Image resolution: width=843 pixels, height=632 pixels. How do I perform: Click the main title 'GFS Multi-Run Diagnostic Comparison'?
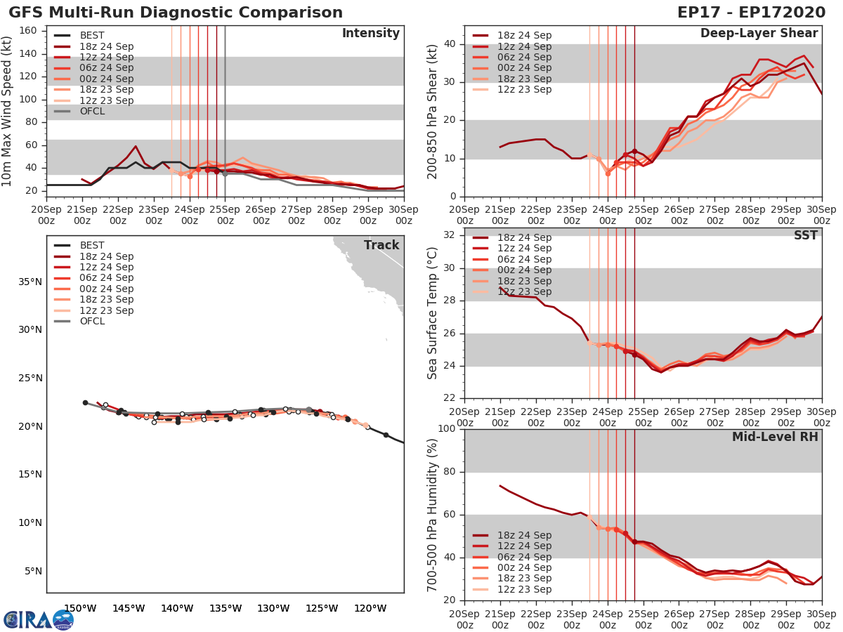[176, 13]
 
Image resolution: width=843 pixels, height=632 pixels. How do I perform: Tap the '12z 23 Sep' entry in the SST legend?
[523, 291]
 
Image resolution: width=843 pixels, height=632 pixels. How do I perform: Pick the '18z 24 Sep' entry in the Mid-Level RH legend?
[523, 535]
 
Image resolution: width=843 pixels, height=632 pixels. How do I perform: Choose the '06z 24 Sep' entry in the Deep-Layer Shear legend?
[523, 57]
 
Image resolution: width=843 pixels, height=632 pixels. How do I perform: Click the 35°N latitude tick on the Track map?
[30, 282]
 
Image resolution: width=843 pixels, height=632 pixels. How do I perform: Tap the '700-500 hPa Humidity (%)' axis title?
[433, 515]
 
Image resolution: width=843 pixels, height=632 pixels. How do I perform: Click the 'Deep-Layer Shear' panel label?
[759, 34]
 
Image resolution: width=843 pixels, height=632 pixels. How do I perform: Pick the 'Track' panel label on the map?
[381, 245]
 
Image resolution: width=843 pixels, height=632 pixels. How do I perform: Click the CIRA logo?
[38, 619]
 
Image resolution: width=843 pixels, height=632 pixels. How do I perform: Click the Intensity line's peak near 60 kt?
[136, 146]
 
